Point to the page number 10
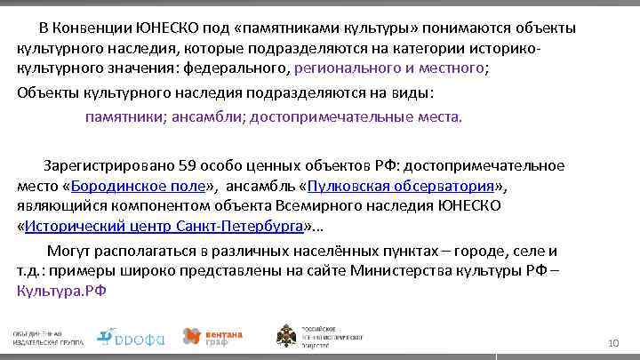pyautogui.click(x=612, y=343)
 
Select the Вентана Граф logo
pyautogui.click(x=212, y=336)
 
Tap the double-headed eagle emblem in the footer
pyautogui.click(x=286, y=336)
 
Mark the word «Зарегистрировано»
pyautogui.click(x=107, y=165)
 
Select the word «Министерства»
pyautogui.click(x=412, y=270)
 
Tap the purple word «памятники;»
pyautogui.click(x=124, y=116)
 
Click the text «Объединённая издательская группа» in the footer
pyautogui.click(x=50, y=337)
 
